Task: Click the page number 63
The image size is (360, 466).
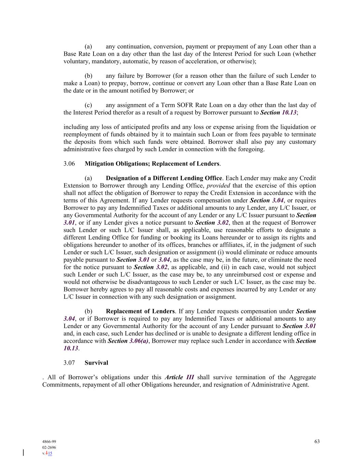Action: [317, 441]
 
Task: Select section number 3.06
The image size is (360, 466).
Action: [69, 164]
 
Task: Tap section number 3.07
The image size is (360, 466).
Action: [69, 363]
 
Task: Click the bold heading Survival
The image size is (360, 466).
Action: [96, 363]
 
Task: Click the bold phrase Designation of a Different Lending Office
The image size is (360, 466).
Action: [164, 178]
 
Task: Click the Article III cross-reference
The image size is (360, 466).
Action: [179, 377]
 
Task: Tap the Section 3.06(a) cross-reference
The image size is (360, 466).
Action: [128, 341]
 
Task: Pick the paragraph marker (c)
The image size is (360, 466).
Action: [88, 105]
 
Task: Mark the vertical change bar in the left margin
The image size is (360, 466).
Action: [23, 453]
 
